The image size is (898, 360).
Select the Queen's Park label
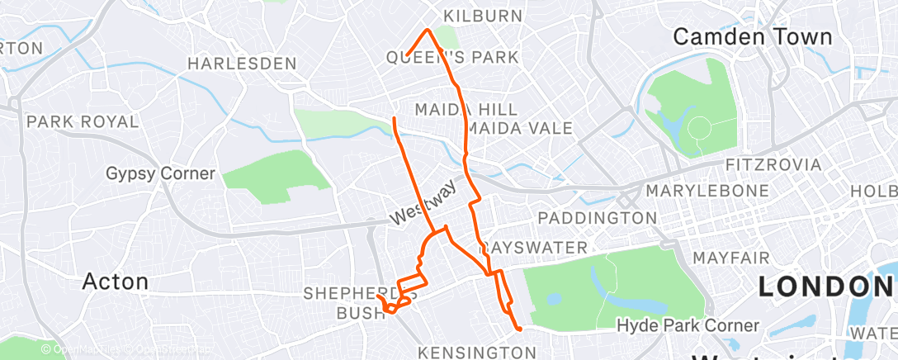(x=452, y=57)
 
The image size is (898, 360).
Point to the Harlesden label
(x=242, y=63)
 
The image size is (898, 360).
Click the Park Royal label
(x=83, y=121)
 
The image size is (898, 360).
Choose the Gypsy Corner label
(x=160, y=173)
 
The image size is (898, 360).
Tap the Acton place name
(x=116, y=282)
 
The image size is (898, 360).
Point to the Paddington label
(x=597, y=218)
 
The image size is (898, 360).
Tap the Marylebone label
(x=698, y=191)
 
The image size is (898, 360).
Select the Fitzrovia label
(x=773, y=164)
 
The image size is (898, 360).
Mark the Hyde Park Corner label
(x=688, y=326)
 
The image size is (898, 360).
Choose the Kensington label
(x=478, y=353)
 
